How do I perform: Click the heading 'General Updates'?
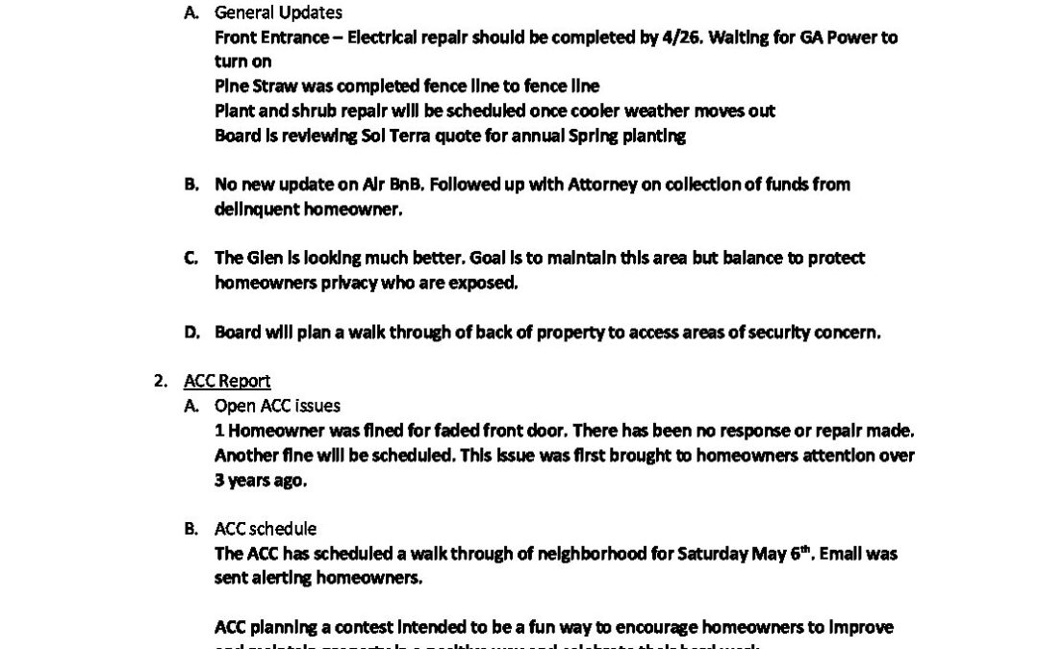278,13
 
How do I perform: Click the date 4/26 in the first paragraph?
737,37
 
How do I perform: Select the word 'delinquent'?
253,209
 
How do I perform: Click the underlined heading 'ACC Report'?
227,382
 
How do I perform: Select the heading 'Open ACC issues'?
277,406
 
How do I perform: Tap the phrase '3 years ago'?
261,480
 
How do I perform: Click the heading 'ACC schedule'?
266,529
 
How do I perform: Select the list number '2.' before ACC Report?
161,382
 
